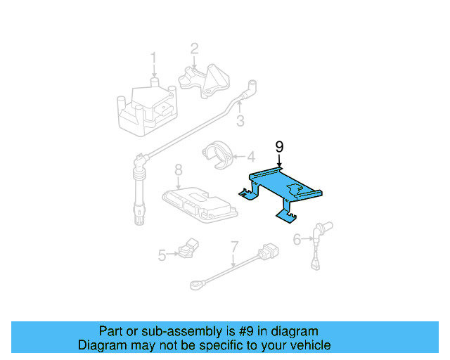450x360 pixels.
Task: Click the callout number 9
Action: [x=279, y=146]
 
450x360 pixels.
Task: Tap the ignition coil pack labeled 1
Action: [x=146, y=109]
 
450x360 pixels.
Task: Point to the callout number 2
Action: [x=194, y=49]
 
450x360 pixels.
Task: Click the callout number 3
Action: [x=240, y=121]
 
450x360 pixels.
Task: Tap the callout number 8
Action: [x=179, y=169]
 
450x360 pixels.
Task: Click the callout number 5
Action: [x=162, y=255]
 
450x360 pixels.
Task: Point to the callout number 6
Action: [x=297, y=240]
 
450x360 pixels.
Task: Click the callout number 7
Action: [x=234, y=247]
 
